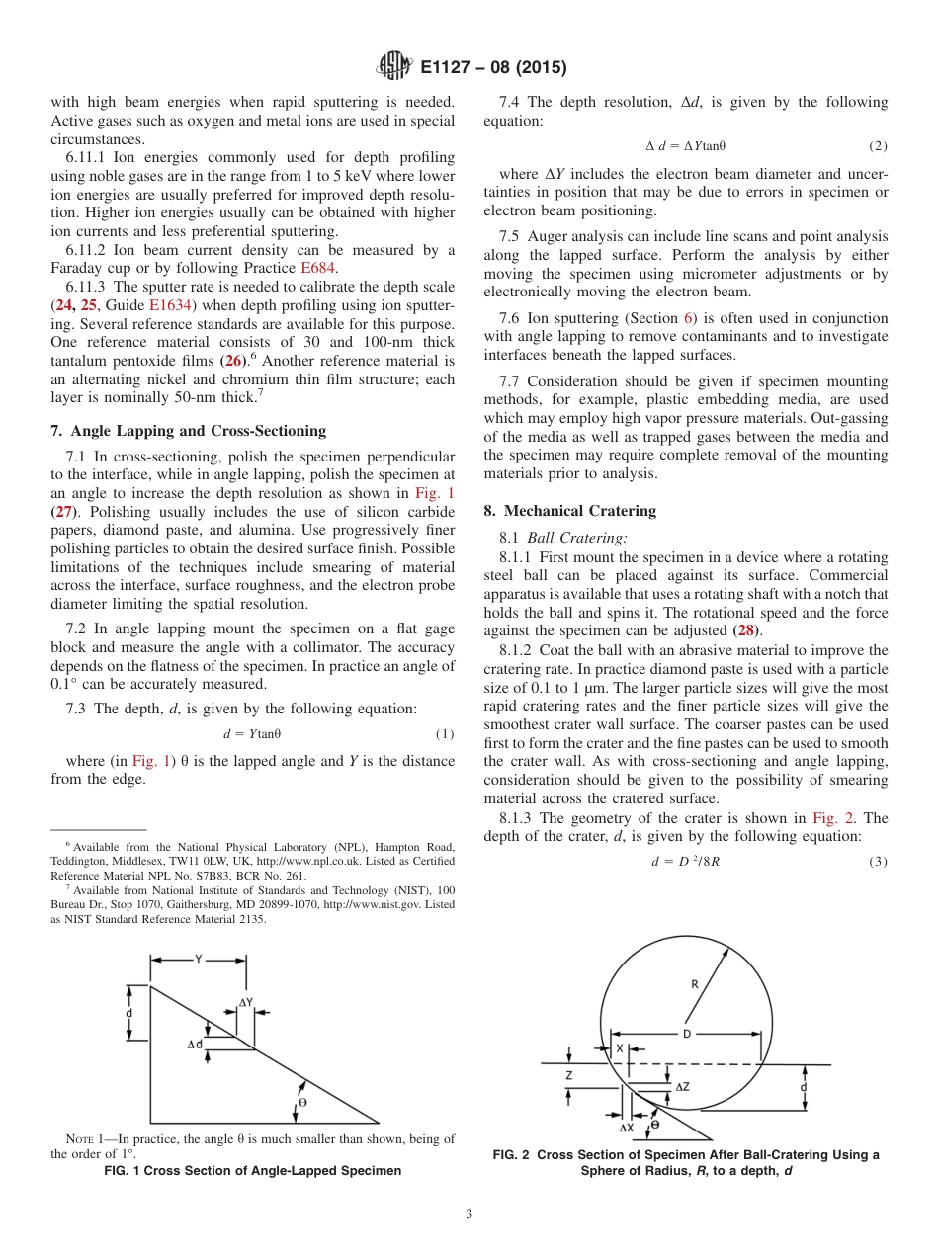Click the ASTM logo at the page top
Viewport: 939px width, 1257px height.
click(394, 67)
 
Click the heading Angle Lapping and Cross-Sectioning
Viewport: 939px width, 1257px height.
click(187, 431)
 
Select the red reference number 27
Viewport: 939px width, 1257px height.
click(65, 512)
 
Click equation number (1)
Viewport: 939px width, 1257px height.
click(444, 734)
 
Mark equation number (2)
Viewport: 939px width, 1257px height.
click(878, 146)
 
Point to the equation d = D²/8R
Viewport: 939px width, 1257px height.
click(685, 862)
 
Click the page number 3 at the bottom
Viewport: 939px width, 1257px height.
click(469, 1214)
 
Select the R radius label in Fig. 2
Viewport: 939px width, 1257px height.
click(695, 983)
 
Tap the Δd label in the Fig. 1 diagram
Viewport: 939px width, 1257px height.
click(195, 1045)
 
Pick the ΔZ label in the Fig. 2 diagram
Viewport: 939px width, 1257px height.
click(683, 1086)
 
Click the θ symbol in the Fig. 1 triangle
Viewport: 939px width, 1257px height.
click(301, 1101)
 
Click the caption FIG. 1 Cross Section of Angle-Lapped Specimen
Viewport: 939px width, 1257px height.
click(253, 1171)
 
